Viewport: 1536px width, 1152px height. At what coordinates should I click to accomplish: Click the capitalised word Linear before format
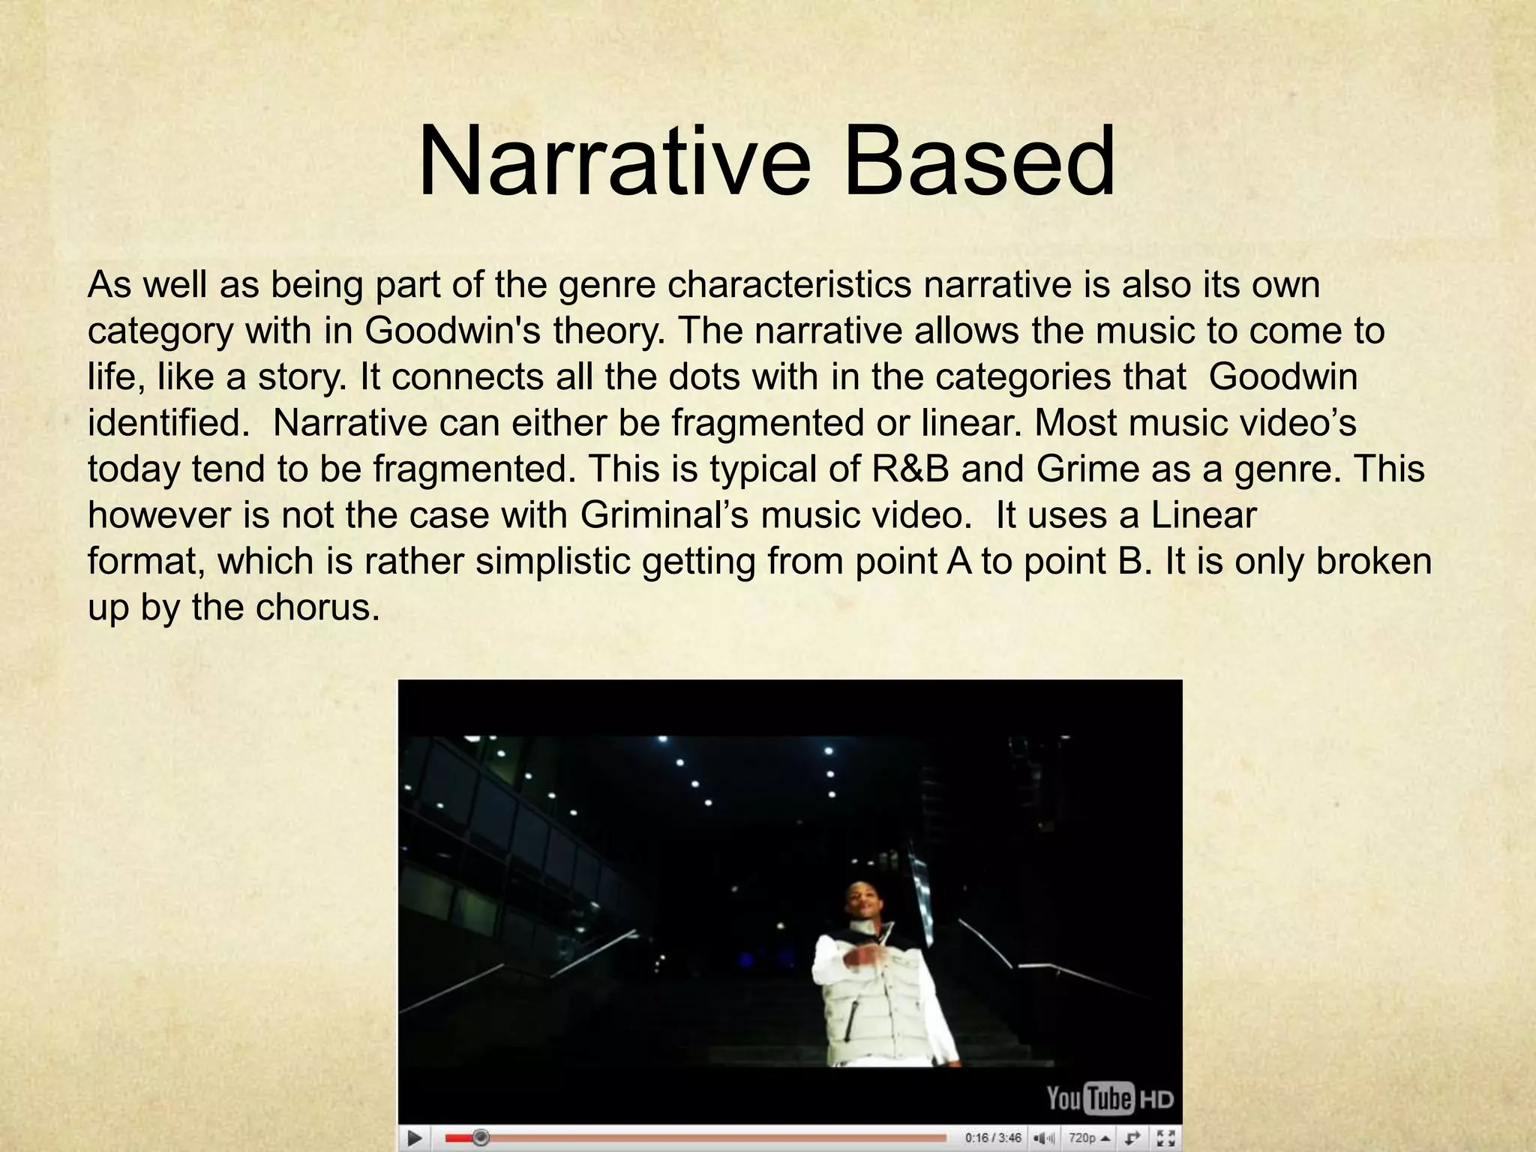tap(1203, 515)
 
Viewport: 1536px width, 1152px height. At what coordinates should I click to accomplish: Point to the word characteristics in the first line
tap(789, 285)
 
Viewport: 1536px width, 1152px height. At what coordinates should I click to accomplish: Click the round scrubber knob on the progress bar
tap(481, 1138)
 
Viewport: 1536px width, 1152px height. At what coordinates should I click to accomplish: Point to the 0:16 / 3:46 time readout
tap(993, 1138)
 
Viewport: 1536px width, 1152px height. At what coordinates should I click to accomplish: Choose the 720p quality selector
tap(1090, 1138)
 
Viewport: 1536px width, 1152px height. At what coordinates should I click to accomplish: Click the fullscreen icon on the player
tap(1165, 1138)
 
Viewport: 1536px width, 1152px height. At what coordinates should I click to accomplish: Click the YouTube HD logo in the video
tap(1109, 1099)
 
